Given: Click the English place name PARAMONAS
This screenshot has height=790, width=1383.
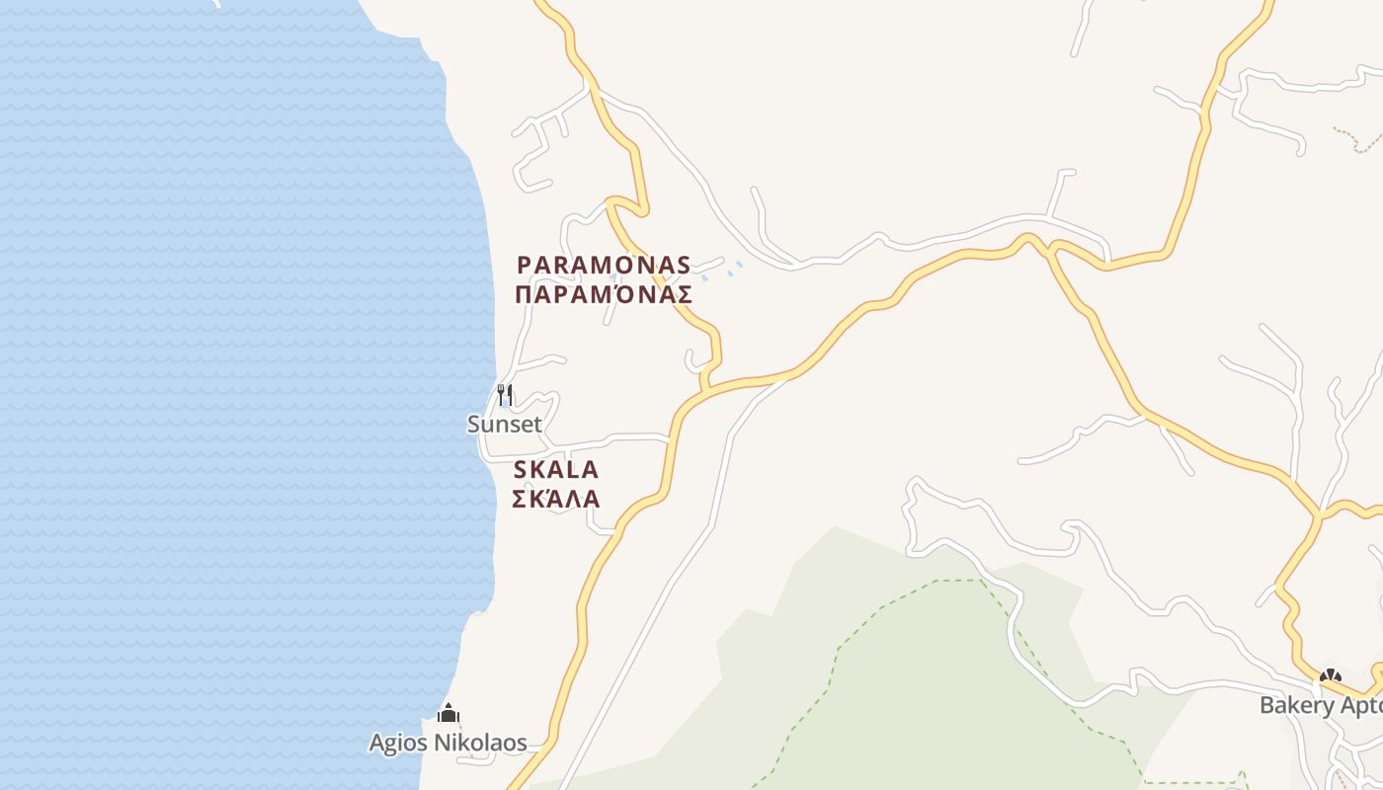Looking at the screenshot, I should click(604, 265).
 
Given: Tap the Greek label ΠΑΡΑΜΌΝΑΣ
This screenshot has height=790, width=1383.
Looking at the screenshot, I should click(604, 294).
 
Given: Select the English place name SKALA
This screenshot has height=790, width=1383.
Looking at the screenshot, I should click(556, 469).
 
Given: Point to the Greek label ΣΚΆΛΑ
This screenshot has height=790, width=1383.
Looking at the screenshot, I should click(556, 498).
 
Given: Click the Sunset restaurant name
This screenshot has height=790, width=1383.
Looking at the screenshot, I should click(505, 425).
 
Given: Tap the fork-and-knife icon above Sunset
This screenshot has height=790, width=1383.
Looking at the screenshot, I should click(505, 395).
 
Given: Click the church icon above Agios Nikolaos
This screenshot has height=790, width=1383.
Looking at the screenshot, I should click(448, 712).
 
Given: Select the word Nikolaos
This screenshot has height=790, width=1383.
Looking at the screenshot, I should click(484, 743).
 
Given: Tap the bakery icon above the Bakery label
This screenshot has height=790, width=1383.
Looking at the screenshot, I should click(1331, 676).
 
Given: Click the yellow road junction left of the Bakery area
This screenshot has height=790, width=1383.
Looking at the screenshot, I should click(1318, 514).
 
